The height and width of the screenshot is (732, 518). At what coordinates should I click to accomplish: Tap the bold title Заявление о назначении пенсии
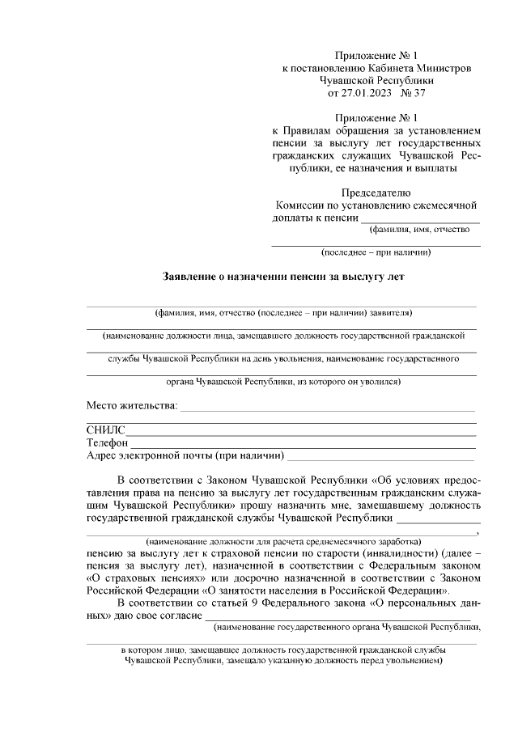coord(284,276)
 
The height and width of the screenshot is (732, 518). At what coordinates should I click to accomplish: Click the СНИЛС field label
coord(105,430)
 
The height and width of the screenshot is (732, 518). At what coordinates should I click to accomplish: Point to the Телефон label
coord(107,442)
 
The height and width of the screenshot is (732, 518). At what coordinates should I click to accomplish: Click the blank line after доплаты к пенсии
coord(420,220)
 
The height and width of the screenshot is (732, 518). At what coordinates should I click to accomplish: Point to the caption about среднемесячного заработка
coord(282,540)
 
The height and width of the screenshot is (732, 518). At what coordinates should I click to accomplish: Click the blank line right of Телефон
coord(303,444)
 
